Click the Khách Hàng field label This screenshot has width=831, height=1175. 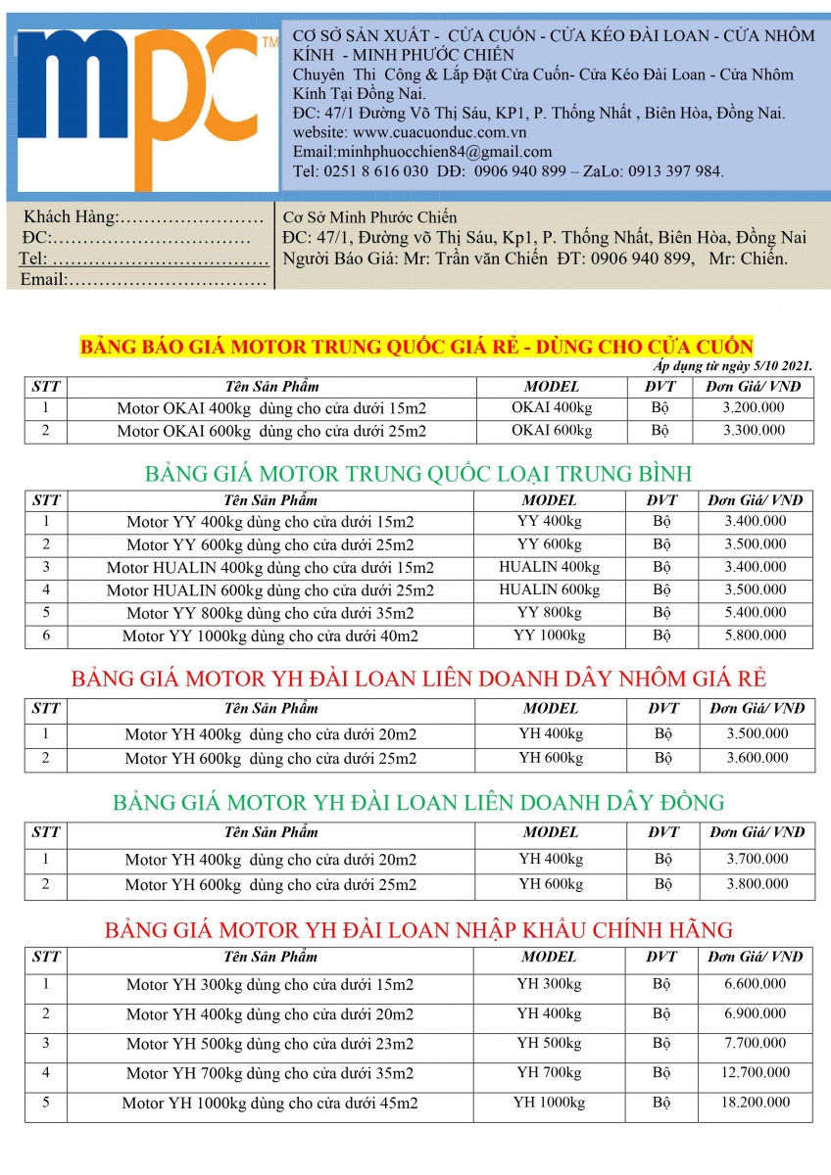(71, 216)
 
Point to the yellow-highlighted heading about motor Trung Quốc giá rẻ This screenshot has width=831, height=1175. (415, 347)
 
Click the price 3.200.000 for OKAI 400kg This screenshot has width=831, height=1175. (754, 407)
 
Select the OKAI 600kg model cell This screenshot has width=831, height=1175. (552, 431)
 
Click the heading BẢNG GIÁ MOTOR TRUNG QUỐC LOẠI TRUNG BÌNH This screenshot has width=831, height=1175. (418, 474)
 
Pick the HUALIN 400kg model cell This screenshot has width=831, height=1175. (549, 567)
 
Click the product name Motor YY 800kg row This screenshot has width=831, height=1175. (270, 613)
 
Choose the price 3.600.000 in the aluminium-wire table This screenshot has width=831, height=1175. (757, 758)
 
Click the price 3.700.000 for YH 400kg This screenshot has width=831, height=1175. (757, 859)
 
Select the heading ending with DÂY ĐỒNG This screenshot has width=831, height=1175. (418, 803)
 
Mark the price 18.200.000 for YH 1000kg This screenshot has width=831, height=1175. (756, 1103)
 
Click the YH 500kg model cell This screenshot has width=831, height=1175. (549, 1044)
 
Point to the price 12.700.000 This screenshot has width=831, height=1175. (756, 1073)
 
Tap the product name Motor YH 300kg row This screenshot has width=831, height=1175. (270, 984)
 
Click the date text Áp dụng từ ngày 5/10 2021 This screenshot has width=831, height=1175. (733, 365)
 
